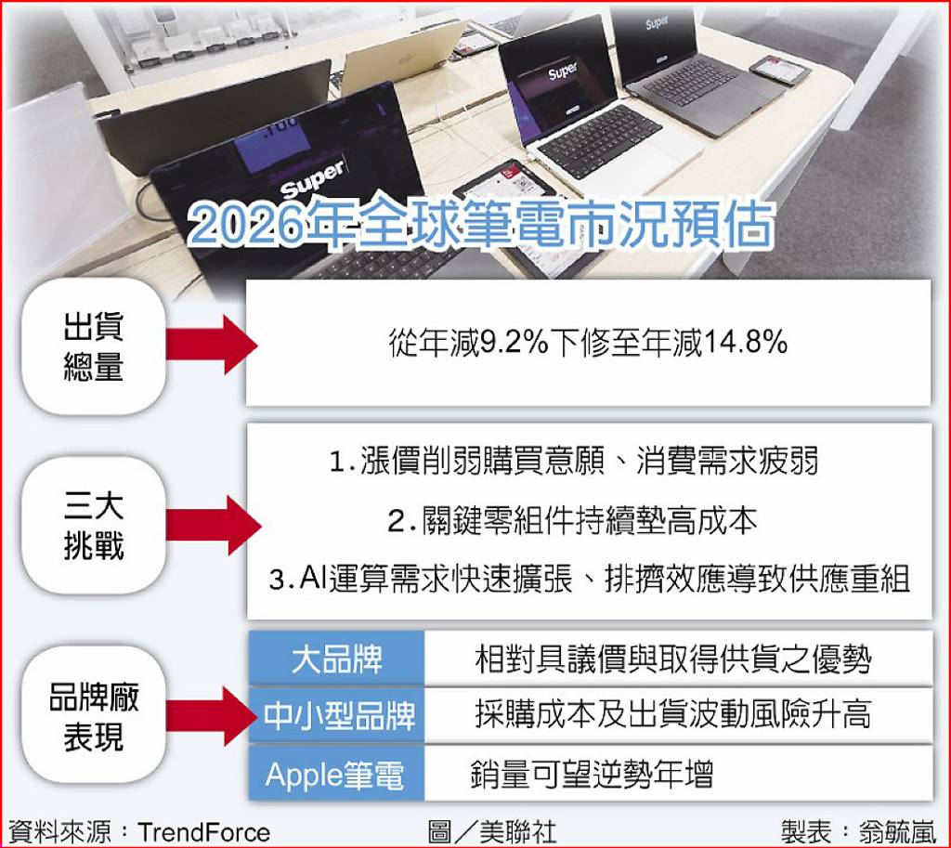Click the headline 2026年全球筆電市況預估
coord(480,226)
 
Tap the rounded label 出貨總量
coord(94,346)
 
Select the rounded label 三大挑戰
coord(94,526)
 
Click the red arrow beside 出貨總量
coord(212,345)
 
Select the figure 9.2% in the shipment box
coord(514,343)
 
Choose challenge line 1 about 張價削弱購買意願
coord(574,462)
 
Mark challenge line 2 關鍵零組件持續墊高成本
coord(572,521)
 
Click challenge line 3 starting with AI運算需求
coord(590,580)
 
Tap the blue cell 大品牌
coord(336,659)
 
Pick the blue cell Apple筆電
coord(336,774)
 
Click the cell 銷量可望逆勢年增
coord(592,774)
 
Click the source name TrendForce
coord(203,832)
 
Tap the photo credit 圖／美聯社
coord(491,832)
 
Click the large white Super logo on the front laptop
coord(313,179)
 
